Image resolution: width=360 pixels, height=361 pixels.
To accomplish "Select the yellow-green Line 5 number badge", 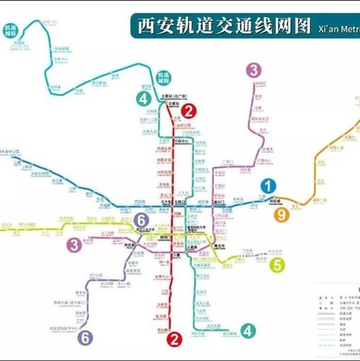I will pyautogui.click(x=278, y=265).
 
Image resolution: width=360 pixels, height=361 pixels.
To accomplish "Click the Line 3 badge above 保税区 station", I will pyautogui.click(x=253, y=70).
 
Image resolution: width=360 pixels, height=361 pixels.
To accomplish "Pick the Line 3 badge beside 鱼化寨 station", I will pyautogui.click(x=74, y=245).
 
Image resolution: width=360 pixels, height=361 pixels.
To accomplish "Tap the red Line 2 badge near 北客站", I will pyautogui.click(x=188, y=110).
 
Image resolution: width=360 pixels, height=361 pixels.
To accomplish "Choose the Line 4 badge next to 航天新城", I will pyautogui.click(x=248, y=331).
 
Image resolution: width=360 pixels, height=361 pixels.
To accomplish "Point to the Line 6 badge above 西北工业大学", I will pyautogui.click(x=142, y=220).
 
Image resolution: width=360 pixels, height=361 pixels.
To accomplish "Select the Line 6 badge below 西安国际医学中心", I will pyautogui.click(x=85, y=336).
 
